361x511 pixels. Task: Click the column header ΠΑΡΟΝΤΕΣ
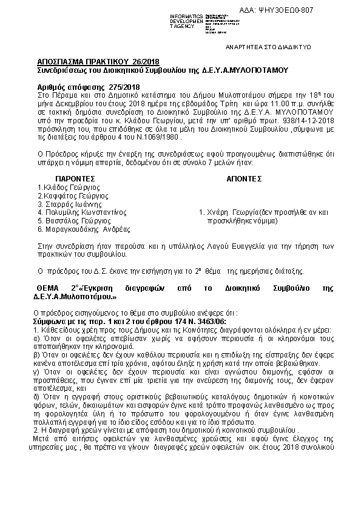(x=75, y=179)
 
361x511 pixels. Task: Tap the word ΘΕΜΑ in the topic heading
(x=50, y=287)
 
